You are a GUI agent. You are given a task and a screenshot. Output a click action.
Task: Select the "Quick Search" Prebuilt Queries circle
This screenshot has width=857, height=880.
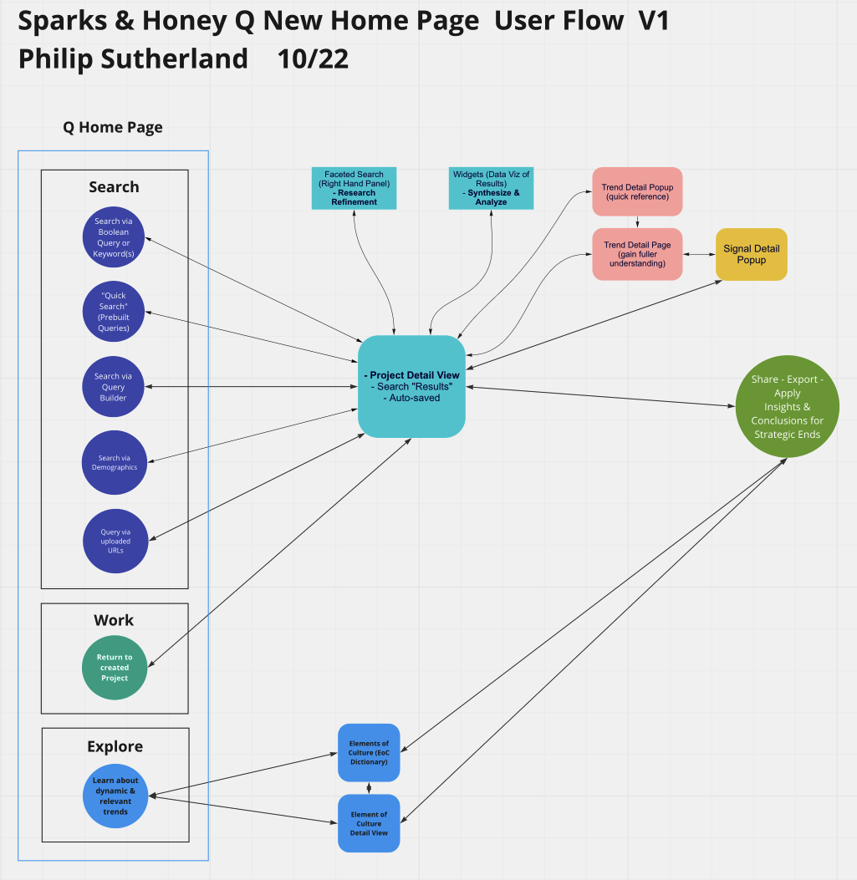pos(115,311)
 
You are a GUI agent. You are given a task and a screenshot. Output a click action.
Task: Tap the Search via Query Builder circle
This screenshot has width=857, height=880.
pos(115,387)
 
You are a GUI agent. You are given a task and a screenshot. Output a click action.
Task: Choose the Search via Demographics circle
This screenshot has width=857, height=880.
pos(115,462)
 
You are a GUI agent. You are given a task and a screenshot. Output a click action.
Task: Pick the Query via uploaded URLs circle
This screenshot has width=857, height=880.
pos(115,541)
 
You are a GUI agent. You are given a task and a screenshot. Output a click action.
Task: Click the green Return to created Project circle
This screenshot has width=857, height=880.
pos(115,668)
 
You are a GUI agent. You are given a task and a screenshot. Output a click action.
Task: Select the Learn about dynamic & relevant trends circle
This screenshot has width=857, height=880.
pos(115,796)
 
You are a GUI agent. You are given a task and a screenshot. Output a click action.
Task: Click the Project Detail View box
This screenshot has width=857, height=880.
pos(411,386)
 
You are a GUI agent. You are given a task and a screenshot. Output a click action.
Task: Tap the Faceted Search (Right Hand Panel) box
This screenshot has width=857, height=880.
pos(354,188)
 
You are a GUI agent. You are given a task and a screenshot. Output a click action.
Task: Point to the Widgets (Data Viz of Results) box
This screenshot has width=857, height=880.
pos(492,188)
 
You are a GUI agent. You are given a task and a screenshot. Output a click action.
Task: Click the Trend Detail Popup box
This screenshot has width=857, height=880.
pos(637,192)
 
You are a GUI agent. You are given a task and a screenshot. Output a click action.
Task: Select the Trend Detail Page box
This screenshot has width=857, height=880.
pos(637,253)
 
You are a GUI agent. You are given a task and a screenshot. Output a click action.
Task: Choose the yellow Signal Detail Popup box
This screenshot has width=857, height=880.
pos(751,254)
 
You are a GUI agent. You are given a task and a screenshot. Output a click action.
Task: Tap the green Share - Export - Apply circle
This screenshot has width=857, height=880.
pos(787,406)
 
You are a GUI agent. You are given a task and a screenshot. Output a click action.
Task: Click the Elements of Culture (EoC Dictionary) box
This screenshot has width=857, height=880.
pos(369,752)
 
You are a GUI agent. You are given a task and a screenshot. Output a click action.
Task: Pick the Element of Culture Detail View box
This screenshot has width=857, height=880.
pos(369,823)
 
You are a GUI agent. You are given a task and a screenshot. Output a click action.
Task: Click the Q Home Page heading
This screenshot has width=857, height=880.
pos(113,128)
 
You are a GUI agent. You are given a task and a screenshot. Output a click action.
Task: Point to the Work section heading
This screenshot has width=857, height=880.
pos(114,620)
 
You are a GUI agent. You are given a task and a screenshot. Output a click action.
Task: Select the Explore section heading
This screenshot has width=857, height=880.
pos(115,746)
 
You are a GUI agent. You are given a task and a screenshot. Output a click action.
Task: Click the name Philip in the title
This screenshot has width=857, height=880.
pos(57,59)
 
